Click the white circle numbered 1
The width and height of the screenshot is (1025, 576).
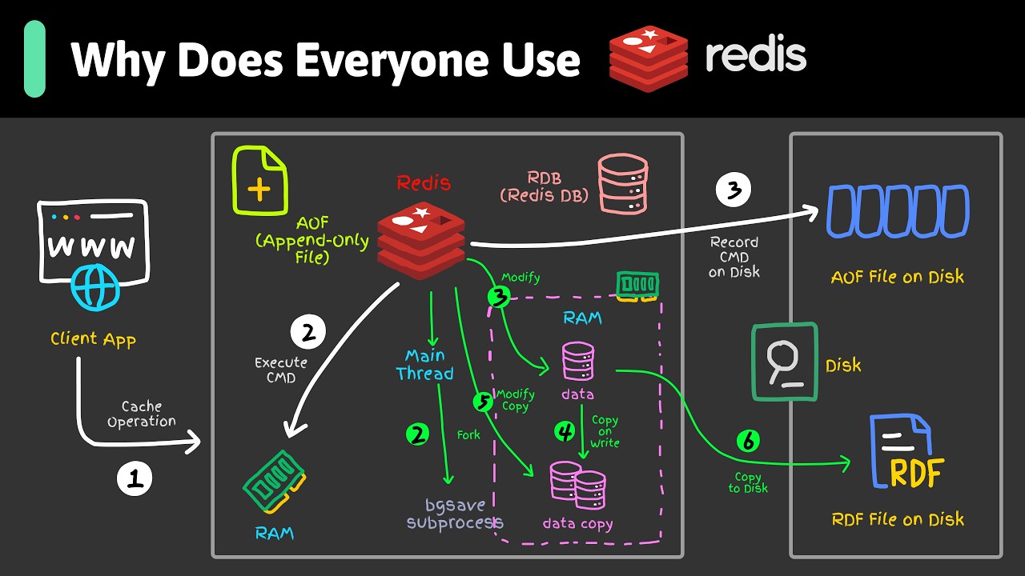pos(135,478)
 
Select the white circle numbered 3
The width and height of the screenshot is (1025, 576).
pos(734,190)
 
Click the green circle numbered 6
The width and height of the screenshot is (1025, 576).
pos(748,440)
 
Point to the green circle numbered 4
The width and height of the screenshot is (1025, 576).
pos(565,432)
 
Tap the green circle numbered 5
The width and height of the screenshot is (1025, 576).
pos(483,402)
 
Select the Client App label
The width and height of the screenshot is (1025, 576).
pos(93,338)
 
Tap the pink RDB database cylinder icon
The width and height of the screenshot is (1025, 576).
pos(622,184)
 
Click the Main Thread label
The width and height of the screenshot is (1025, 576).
pos(424,364)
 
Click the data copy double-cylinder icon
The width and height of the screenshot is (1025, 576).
pos(578,486)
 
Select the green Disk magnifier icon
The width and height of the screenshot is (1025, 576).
pos(785,362)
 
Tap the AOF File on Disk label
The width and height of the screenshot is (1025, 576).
pos(897,277)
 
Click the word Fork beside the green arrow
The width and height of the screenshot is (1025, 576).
pos(468,435)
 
